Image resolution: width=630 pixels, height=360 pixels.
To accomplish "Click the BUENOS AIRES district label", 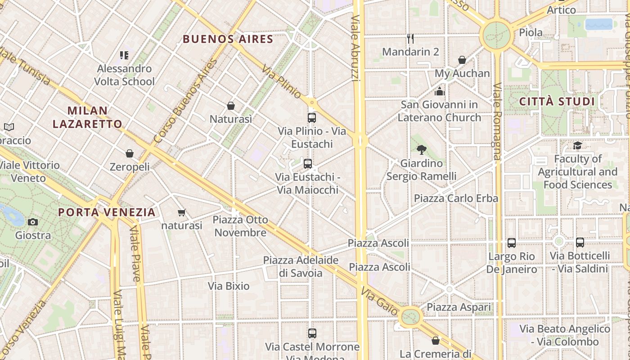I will pyautogui.click(x=228, y=39).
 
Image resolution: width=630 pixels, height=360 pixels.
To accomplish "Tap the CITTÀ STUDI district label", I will pyautogui.click(x=557, y=102).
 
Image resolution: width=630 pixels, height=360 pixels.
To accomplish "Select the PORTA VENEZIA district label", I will pyautogui.click(x=107, y=212).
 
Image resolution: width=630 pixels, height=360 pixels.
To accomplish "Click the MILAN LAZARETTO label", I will pyautogui.click(x=87, y=117).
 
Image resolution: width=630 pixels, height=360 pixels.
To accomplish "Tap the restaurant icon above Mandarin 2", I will pyautogui.click(x=410, y=38).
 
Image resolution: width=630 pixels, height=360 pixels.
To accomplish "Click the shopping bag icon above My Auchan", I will pyautogui.click(x=462, y=60).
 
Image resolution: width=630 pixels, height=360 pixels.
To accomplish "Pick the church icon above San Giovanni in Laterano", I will pyautogui.click(x=440, y=91).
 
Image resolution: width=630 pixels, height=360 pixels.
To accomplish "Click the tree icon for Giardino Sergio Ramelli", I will pyautogui.click(x=421, y=150).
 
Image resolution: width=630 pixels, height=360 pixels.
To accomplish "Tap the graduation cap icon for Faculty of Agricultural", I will pyautogui.click(x=577, y=145).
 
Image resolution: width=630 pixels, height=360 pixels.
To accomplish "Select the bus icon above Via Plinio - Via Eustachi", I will pyautogui.click(x=311, y=118).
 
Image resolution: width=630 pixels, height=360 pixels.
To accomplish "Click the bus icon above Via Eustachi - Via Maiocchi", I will pyautogui.click(x=308, y=164).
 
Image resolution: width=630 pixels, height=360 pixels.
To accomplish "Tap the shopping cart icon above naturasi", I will pyautogui.click(x=181, y=212).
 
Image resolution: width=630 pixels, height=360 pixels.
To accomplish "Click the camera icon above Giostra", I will pyautogui.click(x=33, y=222).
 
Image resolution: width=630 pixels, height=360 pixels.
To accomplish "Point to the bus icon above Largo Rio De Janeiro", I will pyautogui.click(x=511, y=243).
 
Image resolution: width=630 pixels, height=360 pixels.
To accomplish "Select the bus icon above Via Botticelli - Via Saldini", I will pyautogui.click(x=580, y=243).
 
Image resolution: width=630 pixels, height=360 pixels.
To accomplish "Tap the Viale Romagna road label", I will pyautogui.click(x=497, y=121).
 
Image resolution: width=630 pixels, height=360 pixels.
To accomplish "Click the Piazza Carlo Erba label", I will pyautogui.click(x=456, y=198).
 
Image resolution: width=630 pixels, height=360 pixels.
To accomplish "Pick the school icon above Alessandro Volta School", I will pyautogui.click(x=124, y=55).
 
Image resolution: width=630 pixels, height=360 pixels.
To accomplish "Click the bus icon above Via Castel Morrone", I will pyautogui.click(x=312, y=333).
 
